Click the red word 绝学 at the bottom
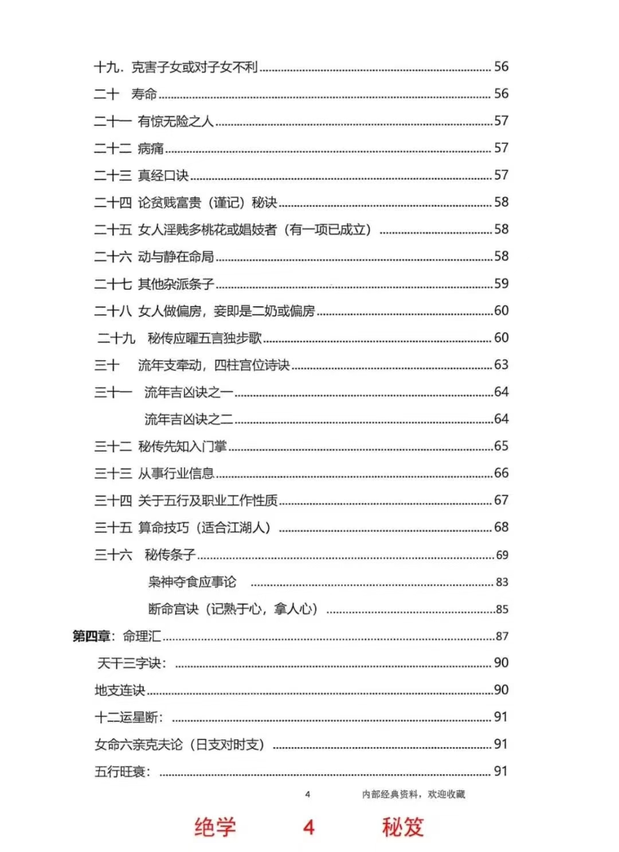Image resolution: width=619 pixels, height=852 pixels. [x=215, y=827]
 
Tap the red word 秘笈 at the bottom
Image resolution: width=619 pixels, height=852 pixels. [x=403, y=827]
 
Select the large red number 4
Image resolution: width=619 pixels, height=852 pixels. [x=309, y=827]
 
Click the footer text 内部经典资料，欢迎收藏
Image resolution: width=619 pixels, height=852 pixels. [x=413, y=794]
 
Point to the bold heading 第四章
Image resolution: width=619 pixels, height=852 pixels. [x=91, y=636]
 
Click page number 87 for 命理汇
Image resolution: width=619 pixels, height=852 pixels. [x=502, y=636]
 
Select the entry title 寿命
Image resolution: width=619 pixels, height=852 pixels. [x=144, y=94]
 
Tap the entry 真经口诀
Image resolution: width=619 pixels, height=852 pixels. [x=163, y=175]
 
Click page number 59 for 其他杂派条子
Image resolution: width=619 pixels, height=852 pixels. [x=502, y=283]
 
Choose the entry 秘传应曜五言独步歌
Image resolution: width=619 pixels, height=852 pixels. [x=205, y=338]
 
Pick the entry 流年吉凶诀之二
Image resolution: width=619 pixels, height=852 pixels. [x=189, y=419]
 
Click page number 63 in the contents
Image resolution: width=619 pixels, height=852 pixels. [x=502, y=365]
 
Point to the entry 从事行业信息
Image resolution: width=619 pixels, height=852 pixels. [x=176, y=474]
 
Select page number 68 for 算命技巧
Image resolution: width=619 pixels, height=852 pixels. [x=502, y=527]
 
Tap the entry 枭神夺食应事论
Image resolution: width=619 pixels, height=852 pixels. [x=192, y=582]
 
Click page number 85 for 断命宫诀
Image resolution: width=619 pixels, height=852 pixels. [x=502, y=609]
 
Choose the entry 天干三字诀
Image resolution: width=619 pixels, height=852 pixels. [x=132, y=663]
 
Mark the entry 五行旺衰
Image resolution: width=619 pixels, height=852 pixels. [x=122, y=772]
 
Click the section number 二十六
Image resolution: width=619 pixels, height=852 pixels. [x=113, y=257]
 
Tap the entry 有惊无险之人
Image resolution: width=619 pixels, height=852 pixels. [x=175, y=121]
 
